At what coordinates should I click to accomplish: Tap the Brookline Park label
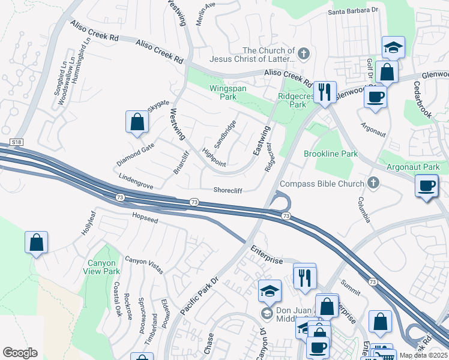330,154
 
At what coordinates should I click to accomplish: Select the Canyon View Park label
104,267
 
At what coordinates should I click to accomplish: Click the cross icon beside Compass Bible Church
373,183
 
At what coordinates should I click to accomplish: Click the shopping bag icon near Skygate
137,122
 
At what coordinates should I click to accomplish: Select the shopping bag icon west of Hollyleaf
37,243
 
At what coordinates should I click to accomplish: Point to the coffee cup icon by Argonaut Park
426,186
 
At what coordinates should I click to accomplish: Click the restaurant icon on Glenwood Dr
325,92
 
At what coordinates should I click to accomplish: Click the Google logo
20,353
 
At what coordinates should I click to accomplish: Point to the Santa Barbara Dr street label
353,11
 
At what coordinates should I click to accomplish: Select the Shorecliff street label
228,190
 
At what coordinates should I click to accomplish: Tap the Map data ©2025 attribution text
424,355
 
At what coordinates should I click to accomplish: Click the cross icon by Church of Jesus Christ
304,54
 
